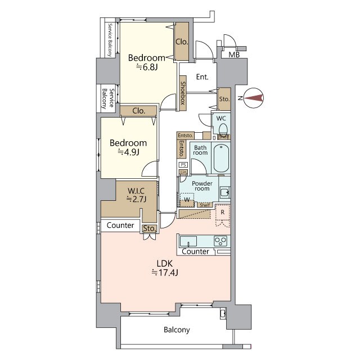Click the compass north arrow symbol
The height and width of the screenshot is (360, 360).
click(253, 98)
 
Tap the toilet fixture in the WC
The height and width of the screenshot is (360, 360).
click(223, 130)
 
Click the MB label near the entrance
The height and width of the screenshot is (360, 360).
click(234, 55)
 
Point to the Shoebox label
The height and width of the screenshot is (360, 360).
click(183, 93)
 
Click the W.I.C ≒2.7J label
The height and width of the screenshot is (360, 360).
click(136, 195)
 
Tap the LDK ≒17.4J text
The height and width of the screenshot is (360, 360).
click(165, 268)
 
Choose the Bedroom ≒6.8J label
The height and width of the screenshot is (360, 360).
click(147, 62)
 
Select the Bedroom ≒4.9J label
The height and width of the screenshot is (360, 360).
click(128, 147)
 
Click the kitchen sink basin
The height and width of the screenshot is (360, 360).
click(188, 241)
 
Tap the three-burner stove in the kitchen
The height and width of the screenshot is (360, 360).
click(220, 241)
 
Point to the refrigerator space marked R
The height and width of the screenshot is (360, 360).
click(223, 215)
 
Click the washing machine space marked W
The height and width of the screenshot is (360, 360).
click(187, 200)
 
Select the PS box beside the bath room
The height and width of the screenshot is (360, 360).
click(183, 165)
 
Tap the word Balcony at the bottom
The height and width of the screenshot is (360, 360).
click(177, 330)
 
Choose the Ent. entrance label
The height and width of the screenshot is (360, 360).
click(202, 77)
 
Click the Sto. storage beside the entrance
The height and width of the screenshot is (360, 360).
click(224, 99)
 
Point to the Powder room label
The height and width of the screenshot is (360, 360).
click(202, 186)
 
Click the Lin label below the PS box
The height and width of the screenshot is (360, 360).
click(183, 172)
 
